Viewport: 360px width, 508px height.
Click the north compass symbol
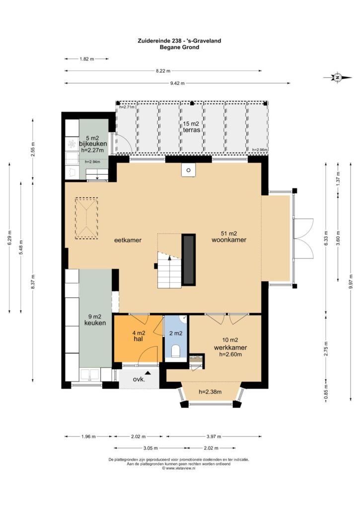point(338,77)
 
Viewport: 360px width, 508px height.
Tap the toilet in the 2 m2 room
point(176,351)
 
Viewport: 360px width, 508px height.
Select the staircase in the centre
point(169,269)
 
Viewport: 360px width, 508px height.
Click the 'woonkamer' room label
point(228,240)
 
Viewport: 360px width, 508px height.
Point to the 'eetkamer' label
point(128,240)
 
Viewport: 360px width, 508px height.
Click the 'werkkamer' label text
point(230,348)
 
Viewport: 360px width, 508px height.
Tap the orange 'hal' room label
point(139,339)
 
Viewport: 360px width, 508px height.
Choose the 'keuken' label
point(95,323)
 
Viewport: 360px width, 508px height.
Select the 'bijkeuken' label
point(93,144)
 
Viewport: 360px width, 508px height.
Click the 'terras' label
point(191,130)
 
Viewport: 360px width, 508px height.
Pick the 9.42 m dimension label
point(177,83)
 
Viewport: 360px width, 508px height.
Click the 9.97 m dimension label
point(351,282)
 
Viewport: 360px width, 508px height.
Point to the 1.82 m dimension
point(86,59)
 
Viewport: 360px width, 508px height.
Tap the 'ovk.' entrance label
point(139,380)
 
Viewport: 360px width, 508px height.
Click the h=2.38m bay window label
point(210,392)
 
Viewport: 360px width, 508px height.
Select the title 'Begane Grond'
point(179,47)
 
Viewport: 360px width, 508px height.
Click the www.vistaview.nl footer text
point(179,468)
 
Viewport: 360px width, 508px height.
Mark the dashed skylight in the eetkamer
point(86,219)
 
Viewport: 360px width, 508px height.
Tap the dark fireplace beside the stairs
point(188,260)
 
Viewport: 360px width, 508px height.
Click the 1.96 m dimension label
point(88,437)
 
